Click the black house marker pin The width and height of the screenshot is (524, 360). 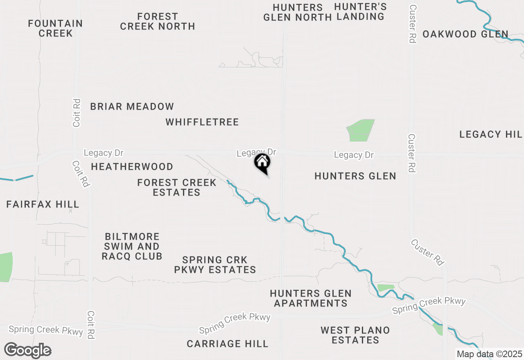point(262,163)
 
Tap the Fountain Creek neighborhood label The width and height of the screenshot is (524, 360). point(55,28)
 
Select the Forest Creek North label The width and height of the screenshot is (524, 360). point(158,21)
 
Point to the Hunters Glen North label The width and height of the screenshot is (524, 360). point(298,12)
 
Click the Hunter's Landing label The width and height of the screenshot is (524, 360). point(360,11)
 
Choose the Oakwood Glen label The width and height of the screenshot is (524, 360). point(465,34)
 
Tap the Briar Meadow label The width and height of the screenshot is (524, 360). point(132,107)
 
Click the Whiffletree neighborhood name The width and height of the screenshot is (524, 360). point(202,122)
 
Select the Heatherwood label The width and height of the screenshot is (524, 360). point(132,166)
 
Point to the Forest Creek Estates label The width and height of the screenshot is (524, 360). point(177,187)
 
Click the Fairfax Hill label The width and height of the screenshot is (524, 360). point(43,204)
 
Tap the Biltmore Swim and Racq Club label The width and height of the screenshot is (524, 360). point(132,247)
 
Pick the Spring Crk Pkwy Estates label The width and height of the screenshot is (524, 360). point(215,265)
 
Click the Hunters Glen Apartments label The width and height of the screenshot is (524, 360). point(311,298)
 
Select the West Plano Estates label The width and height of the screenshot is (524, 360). point(355,335)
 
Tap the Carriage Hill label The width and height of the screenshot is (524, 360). point(228,344)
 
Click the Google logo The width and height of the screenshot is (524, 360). point(28,351)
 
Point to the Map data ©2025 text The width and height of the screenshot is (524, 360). point(490,354)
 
